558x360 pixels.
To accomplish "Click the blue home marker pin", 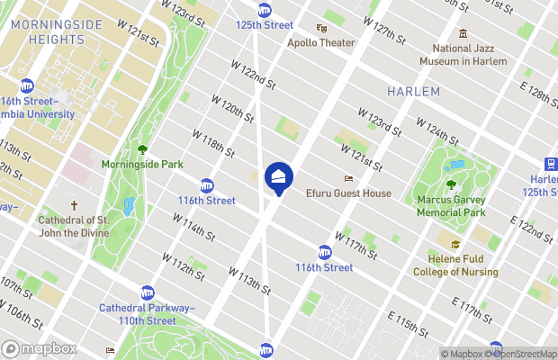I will [278, 176].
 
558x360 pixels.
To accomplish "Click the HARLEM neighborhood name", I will [414, 92].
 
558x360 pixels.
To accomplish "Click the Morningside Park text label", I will [142, 165].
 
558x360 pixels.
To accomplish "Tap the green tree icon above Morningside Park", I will [142, 150].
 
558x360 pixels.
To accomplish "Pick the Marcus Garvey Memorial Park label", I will [451, 206].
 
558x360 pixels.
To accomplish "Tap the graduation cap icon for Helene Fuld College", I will [455, 244].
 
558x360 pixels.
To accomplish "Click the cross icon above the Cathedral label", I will [75, 206].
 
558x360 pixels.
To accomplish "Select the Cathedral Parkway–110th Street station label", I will [148, 314].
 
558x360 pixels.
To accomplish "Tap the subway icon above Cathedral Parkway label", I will [147, 292].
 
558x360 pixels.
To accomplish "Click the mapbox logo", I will [40, 348].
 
